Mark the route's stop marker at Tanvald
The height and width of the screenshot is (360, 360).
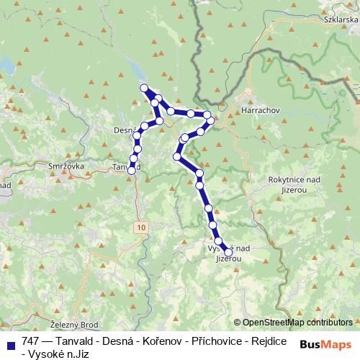click(132, 170)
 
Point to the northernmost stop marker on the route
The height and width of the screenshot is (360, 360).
click(144, 88)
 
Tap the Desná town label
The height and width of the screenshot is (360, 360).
click(124, 130)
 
